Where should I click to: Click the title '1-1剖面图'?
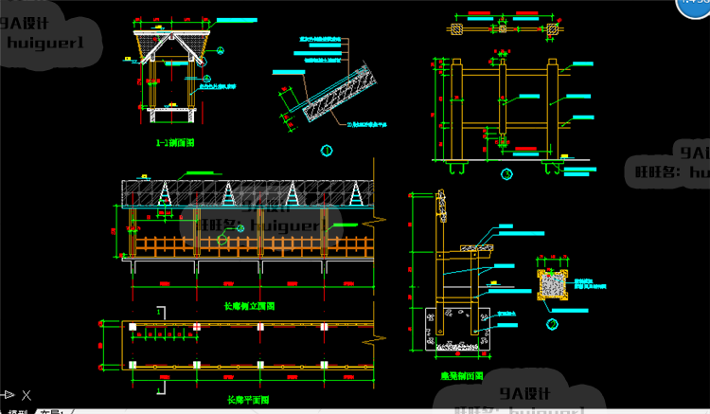[x=174, y=143]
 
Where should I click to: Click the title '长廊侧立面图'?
[x=249, y=306]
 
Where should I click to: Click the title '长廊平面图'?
[x=249, y=400]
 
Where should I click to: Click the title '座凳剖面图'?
[x=461, y=375]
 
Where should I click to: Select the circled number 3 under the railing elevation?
[x=506, y=173]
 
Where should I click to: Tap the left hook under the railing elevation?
[x=456, y=169]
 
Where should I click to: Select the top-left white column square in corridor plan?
[x=133, y=327]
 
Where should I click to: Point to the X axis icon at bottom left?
[x=27, y=396]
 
